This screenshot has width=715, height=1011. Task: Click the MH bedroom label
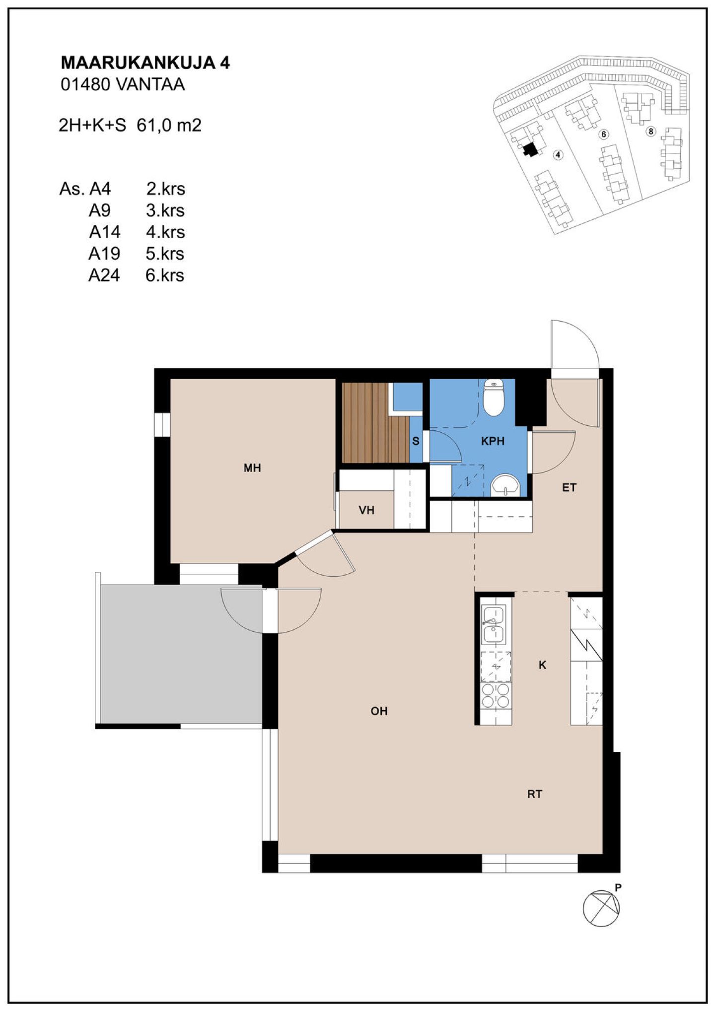[x=252, y=468]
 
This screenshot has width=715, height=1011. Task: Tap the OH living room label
[x=379, y=711]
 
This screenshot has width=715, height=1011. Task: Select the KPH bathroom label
[x=493, y=441]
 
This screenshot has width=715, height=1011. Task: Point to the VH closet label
[x=366, y=510]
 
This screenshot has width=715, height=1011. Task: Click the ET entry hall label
[x=569, y=487]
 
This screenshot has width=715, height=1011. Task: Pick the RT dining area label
[x=535, y=794]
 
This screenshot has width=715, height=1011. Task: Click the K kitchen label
[x=542, y=665]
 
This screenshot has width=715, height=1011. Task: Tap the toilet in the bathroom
[x=494, y=397]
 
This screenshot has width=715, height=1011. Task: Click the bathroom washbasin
[x=504, y=485]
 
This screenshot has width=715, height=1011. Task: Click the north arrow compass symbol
[x=601, y=908]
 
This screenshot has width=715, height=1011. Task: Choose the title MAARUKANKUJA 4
[x=145, y=63]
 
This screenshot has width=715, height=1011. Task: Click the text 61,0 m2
[x=169, y=125]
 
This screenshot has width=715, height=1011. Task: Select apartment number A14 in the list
[x=105, y=232]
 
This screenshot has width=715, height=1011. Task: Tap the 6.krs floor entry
[x=165, y=275]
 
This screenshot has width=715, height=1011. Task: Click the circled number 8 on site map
[x=651, y=132]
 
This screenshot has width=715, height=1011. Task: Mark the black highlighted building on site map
[x=530, y=149]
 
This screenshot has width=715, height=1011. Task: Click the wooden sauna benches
[x=375, y=423]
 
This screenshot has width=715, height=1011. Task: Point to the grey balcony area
[x=181, y=654]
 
